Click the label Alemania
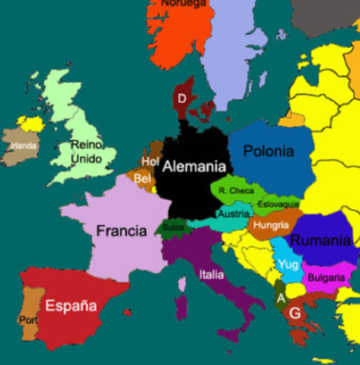click(195, 167)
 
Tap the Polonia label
click(268, 151)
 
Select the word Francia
click(121, 230)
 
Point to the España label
click(71, 306)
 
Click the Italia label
click(211, 275)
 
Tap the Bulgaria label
click(326, 277)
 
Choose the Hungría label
click(271, 225)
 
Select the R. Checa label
click(236, 190)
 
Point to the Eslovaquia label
click(279, 205)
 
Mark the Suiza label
click(174, 227)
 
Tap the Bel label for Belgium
click(142, 179)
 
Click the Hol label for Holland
click(149, 161)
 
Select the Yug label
click(288, 264)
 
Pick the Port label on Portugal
click(28, 320)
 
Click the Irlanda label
click(24, 145)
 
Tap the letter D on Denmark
click(182, 99)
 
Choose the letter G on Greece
click(295, 313)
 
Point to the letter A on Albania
click(281, 298)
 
